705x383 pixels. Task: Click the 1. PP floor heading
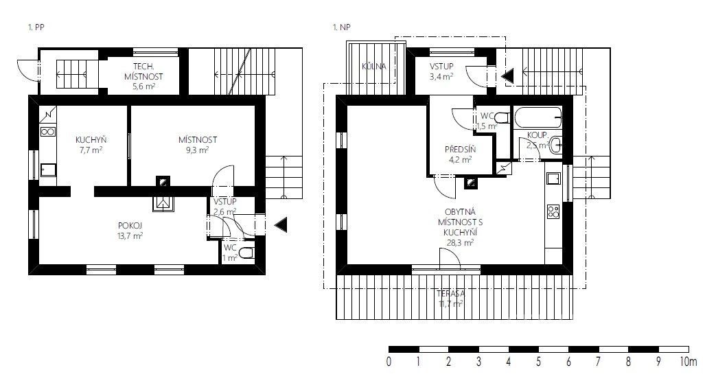click(x=36, y=27)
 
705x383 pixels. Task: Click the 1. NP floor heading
click(x=341, y=27)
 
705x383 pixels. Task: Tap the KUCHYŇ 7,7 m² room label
click(x=91, y=145)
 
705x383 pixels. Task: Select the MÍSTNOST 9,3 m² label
click(x=198, y=145)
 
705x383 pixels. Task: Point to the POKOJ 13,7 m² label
click(x=130, y=230)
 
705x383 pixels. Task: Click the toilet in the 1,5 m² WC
click(x=502, y=118)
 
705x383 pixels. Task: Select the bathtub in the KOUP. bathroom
click(x=538, y=117)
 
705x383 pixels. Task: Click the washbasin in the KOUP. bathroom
click(x=556, y=145)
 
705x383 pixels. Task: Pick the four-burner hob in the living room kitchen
click(x=553, y=211)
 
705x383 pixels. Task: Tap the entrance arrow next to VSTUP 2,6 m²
click(x=281, y=224)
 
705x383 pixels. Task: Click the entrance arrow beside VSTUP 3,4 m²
click(x=507, y=76)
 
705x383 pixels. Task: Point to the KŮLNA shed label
click(x=374, y=67)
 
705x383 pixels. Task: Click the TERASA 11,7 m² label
click(x=450, y=299)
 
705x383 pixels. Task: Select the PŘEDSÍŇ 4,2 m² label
click(x=460, y=154)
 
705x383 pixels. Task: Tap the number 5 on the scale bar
click(x=538, y=362)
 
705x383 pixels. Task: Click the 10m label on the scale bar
click(x=689, y=362)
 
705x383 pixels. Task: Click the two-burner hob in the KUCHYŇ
click(x=47, y=132)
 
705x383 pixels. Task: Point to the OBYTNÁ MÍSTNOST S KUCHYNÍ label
click(x=460, y=227)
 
